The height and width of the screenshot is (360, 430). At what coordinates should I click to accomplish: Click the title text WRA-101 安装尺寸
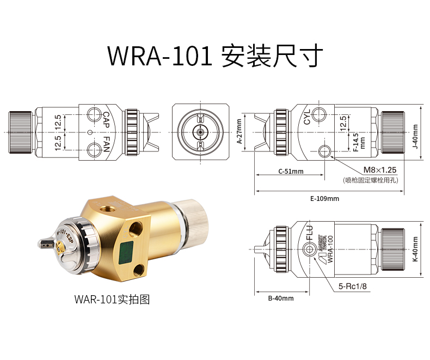click(215, 56)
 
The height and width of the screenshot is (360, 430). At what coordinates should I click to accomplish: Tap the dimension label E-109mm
click(324, 199)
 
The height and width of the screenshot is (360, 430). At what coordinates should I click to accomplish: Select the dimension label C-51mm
click(291, 171)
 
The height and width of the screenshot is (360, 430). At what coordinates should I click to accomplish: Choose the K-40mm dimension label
click(415, 249)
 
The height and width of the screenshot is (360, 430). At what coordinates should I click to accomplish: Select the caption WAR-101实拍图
click(111, 299)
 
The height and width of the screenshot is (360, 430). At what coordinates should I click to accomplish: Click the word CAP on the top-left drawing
click(106, 119)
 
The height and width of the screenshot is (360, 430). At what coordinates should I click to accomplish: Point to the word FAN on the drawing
click(106, 145)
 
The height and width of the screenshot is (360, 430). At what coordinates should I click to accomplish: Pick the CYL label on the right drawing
click(307, 117)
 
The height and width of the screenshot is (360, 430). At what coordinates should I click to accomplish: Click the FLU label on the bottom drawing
click(310, 235)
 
